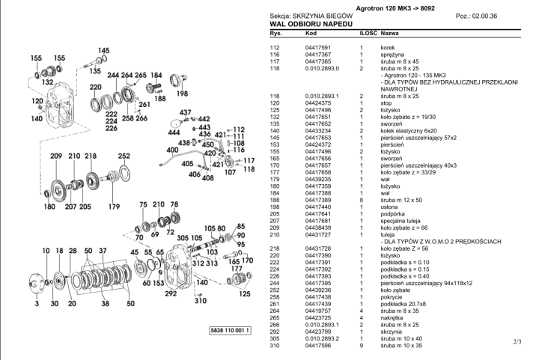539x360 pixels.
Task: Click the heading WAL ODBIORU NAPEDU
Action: tap(311, 24)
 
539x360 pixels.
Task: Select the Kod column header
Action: tap(311, 34)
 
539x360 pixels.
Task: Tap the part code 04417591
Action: tap(318, 48)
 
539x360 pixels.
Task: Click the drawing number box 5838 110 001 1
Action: tap(231, 331)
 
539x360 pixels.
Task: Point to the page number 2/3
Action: tap(517, 341)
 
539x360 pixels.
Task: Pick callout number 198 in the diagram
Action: tap(182, 93)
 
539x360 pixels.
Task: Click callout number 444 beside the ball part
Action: tap(174, 132)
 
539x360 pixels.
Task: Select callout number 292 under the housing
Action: tap(171, 293)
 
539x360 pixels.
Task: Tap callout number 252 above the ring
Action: tap(124, 156)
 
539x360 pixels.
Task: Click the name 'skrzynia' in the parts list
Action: tap(392, 332)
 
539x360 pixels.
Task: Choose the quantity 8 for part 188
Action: tap(362, 200)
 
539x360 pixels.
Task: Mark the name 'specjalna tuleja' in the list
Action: tap(401, 221)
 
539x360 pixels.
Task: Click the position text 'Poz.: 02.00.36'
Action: tap(476, 16)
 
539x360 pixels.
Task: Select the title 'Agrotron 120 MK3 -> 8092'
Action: tap(395, 8)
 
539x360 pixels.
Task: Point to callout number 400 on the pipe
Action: tap(172, 150)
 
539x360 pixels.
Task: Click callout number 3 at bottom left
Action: tap(37, 303)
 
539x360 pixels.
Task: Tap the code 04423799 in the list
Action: tap(318, 332)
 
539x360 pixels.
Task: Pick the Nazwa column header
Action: tap(390, 34)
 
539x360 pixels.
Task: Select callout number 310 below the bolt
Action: tap(201, 301)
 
